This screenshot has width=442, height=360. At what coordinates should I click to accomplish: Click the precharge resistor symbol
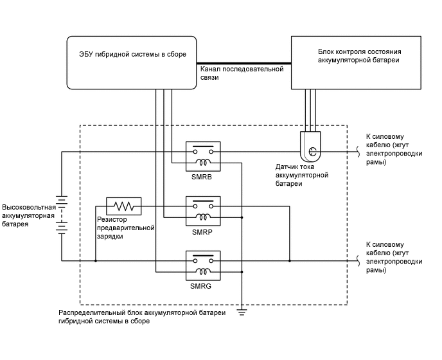123,206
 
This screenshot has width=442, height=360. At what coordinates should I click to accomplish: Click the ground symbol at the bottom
242,312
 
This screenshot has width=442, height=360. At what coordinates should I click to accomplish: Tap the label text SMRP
202,231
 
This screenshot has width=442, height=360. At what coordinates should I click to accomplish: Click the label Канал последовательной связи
242,73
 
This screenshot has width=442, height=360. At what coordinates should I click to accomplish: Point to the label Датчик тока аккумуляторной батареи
302,174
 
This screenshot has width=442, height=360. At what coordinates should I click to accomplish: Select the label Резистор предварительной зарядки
126,228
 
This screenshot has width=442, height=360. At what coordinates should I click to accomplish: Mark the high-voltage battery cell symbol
61,215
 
